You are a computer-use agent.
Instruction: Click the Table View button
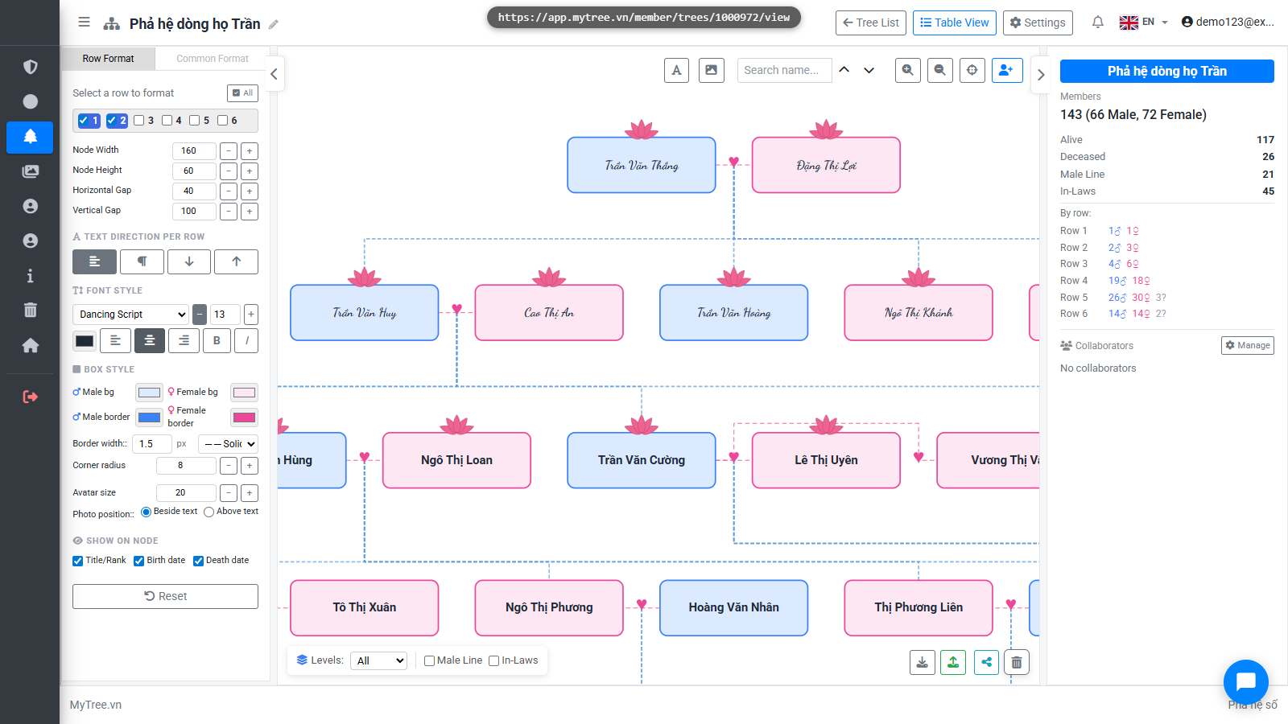pos(955,23)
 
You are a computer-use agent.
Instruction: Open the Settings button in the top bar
pos(1038,23)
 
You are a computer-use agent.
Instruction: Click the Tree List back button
pos(871,23)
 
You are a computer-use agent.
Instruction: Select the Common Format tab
pos(213,59)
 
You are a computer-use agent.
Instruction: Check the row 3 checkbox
pos(139,121)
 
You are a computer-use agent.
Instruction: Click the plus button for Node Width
pos(250,151)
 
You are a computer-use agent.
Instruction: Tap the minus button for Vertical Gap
pos(229,212)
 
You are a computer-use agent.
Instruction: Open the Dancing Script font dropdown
pos(130,315)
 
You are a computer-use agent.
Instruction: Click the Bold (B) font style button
pos(217,341)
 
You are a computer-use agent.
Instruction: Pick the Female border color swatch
pos(245,418)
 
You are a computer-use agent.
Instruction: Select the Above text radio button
pos(208,512)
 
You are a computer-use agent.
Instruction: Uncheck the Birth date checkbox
pos(139,561)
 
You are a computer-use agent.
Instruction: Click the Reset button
pos(166,596)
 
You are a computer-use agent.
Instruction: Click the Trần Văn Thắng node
pos(642,165)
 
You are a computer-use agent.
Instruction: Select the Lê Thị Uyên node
pos(826,460)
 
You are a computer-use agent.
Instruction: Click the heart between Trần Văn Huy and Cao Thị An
pos(457,309)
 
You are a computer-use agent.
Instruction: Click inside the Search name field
pos(785,70)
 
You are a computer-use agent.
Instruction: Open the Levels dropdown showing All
pos(379,660)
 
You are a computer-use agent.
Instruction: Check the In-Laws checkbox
pos(494,660)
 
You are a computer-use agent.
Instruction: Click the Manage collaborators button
pos(1248,345)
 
